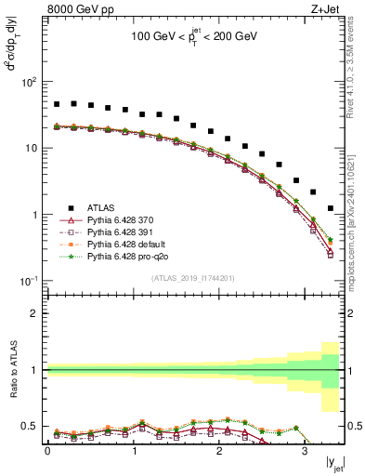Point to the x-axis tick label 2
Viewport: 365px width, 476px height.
tap(219, 451)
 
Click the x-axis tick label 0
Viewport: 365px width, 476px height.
tap(47, 451)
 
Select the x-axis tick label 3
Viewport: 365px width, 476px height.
tap(305, 451)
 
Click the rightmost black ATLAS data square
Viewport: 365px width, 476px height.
tap(331, 208)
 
